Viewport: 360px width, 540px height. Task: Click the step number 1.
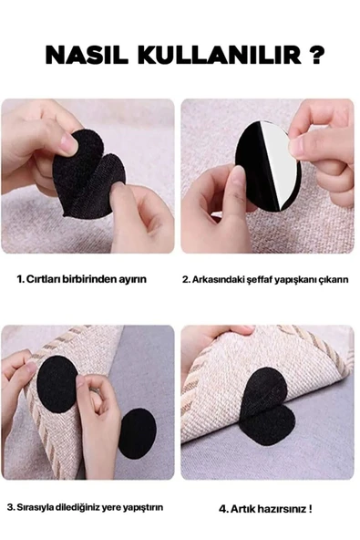(x=19, y=278)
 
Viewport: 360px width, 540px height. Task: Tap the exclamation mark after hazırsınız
(x=310, y=507)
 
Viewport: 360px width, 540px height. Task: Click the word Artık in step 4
(x=241, y=507)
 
